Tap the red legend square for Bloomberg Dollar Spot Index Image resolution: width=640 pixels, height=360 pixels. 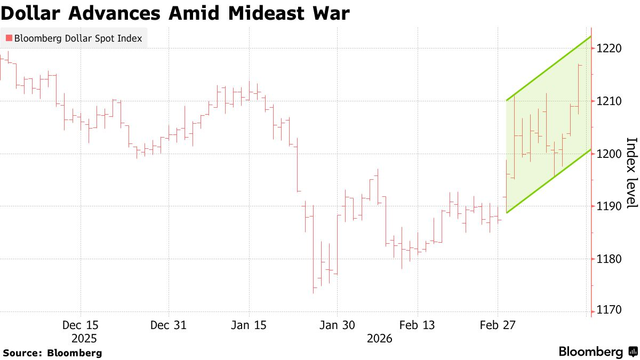(x=9, y=38)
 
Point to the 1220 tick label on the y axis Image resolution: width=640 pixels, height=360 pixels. (x=610, y=49)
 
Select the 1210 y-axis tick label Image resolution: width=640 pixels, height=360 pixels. (x=610, y=101)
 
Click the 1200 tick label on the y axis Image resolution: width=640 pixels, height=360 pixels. (x=610, y=154)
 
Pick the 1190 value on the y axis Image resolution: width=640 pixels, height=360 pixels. (x=610, y=206)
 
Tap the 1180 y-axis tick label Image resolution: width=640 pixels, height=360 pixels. (x=610, y=259)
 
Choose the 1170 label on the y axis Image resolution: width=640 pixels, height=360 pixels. (x=610, y=310)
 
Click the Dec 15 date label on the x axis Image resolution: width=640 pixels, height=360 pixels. (x=81, y=325)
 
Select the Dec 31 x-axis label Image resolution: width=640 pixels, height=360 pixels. (x=169, y=325)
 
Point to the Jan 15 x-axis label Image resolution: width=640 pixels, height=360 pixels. (x=249, y=325)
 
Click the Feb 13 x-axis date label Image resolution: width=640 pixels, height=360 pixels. (x=418, y=325)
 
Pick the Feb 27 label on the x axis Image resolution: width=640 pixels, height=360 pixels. (x=498, y=325)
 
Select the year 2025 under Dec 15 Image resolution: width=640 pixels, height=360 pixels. (x=84, y=339)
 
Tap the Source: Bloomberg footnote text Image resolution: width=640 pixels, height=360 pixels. (x=52, y=353)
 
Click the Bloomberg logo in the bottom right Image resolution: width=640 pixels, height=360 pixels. (x=597, y=352)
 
